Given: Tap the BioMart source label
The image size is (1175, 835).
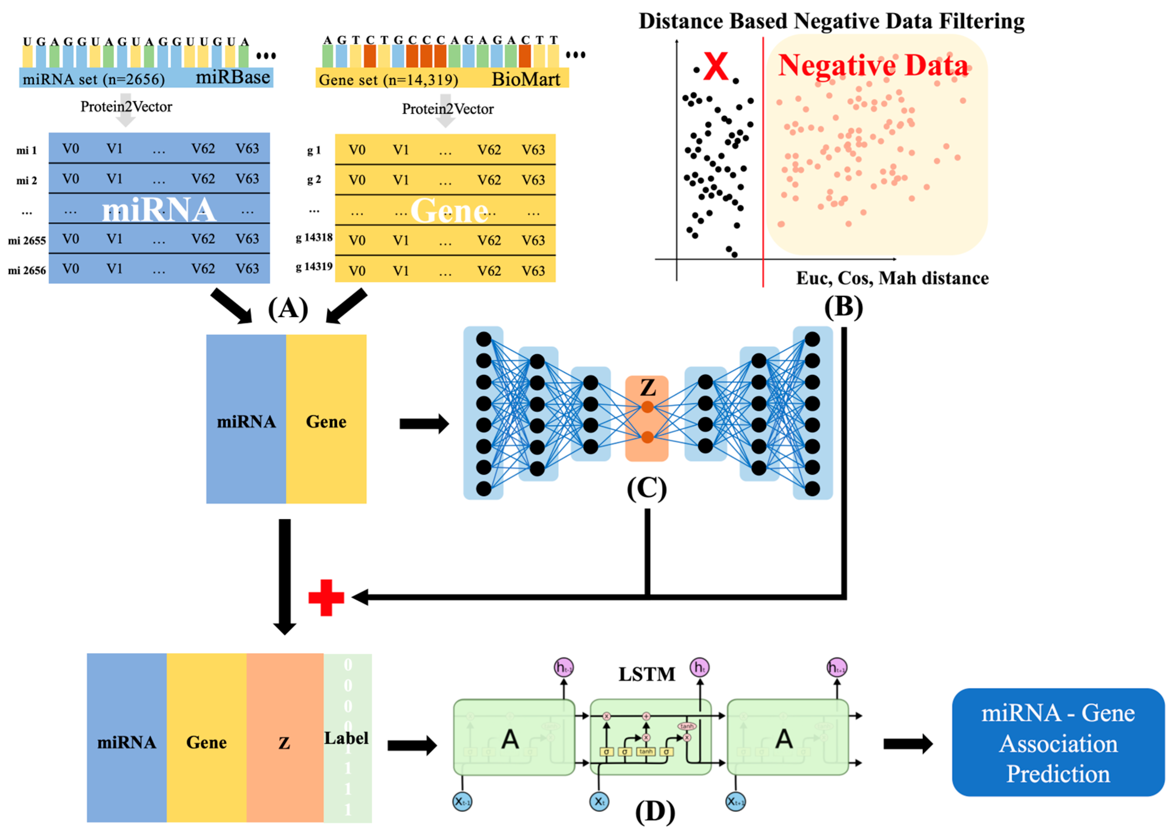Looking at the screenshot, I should (525, 79).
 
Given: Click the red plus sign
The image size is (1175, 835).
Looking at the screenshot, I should (326, 597).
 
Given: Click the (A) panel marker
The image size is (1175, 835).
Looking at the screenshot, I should (288, 309).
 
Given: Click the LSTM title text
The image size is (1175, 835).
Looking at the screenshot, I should (646, 674).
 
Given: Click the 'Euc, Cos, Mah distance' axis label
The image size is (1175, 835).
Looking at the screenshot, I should (892, 278).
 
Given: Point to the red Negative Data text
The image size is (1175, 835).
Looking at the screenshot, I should (873, 66).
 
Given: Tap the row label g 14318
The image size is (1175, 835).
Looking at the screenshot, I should (314, 238).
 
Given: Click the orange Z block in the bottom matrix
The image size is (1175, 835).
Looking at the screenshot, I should (285, 737).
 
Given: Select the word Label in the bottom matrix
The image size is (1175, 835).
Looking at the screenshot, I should (346, 738).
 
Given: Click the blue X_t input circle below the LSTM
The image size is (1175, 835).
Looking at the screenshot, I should (599, 801).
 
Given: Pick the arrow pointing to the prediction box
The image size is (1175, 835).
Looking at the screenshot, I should (908, 743).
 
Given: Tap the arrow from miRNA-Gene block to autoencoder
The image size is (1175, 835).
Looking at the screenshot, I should (424, 424).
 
